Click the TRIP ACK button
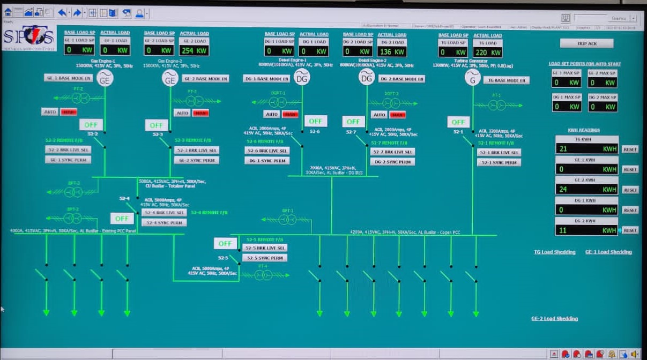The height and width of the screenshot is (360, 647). coord(586,43)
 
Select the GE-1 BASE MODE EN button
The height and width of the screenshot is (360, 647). coord(69,78)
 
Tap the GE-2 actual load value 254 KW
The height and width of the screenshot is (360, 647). coord(194,50)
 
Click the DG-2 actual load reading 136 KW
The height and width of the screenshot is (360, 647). coord(392,52)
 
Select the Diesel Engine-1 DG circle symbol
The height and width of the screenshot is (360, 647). coord(302,78)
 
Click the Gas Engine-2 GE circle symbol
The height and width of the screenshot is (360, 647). coord(170,79)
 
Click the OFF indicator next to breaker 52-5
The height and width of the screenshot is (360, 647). coord(225,243)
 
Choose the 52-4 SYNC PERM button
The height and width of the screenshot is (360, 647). coord(164,223)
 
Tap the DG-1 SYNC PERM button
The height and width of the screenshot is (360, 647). coord(267,161)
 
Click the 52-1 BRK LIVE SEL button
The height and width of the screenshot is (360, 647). coord(499,153)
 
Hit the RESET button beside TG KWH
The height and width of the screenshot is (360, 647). coord(630,149)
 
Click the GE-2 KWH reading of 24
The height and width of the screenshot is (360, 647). coord(586,190)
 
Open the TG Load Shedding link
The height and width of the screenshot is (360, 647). coord(554,252)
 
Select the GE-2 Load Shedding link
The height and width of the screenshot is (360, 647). coord(554,319)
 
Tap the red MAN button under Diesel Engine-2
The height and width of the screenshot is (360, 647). coord(397,115)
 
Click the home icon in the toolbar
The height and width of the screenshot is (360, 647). coord(8,12)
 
